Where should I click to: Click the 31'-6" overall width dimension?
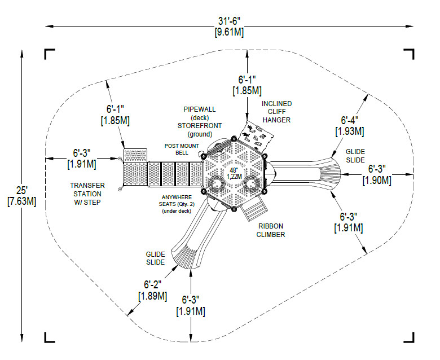[x=230, y=26]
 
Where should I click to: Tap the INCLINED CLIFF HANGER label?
[x=276, y=112]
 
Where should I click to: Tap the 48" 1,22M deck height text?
[x=235, y=173]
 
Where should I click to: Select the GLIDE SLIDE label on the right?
[x=355, y=156]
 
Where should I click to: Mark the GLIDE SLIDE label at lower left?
[x=155, y=258]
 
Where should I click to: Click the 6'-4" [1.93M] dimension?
[x=350, y=125]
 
